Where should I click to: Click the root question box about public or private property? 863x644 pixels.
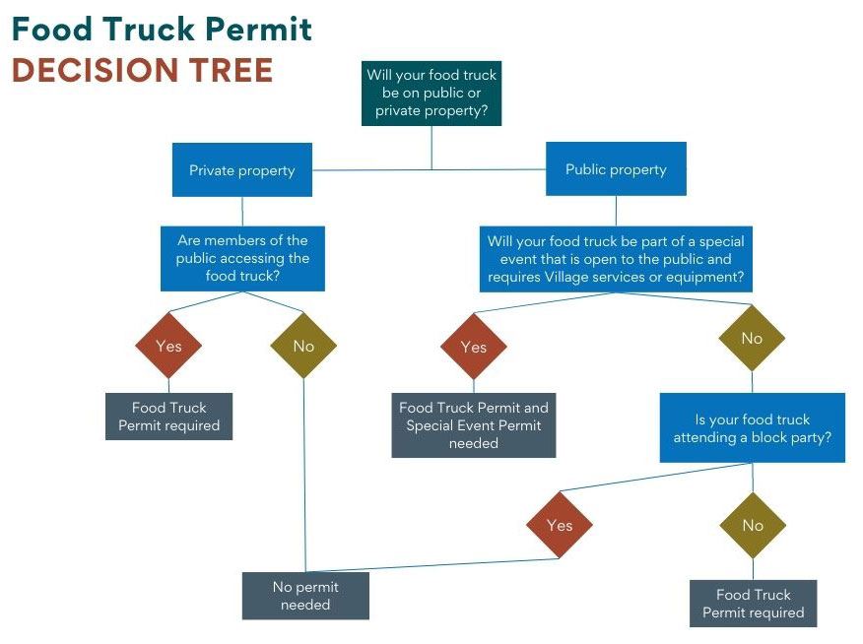click(431, 93)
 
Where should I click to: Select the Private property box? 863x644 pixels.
click(242, 170)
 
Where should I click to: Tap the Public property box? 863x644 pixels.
click(616, 169)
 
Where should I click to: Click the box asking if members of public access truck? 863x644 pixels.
click(242, 258)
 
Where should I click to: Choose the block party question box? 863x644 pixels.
click(752, 427)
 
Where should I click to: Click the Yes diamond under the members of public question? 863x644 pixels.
click(168, 346)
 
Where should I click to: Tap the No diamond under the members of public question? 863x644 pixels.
click(303, 346)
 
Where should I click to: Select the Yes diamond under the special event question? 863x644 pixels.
click(473, 347)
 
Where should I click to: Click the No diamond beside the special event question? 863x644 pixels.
click(752, 338)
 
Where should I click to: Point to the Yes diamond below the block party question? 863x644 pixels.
click(559, 525)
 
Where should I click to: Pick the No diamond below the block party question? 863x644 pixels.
click(753, 525)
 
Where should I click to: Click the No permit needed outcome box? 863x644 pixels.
click(305, 596)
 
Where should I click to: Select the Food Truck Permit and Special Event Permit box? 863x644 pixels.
click(473, 425)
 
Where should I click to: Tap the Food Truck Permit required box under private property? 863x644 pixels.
click(168, 417)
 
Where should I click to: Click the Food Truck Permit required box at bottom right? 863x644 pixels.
click(753, 604)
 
